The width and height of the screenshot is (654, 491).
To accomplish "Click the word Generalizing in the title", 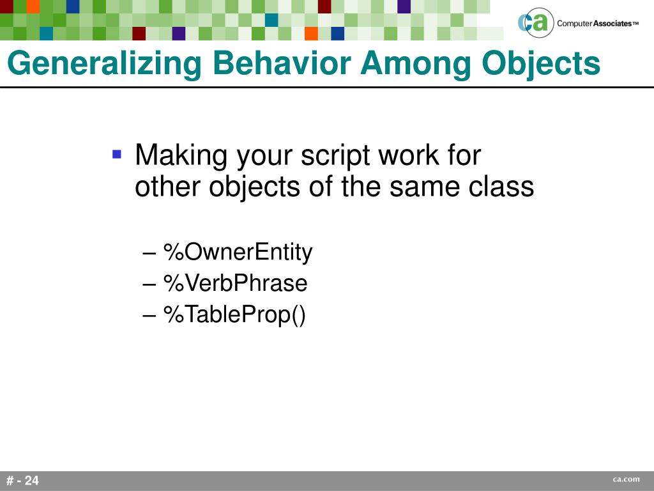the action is coord(104,63).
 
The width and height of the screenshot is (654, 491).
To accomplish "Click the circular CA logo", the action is coord(536,23).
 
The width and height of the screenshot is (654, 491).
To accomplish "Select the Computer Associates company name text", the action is coord(598,24).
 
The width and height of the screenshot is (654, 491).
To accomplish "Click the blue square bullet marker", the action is coord(117,155).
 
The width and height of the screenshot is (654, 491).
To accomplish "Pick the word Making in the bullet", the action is coord(181,156).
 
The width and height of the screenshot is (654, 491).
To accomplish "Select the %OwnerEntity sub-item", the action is coord(238,252).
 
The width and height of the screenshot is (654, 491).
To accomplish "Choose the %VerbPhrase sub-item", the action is coord(236,283).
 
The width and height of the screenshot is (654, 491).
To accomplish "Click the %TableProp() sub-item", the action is coord(235,315).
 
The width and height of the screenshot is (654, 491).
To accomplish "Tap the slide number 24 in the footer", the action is coord(32,481).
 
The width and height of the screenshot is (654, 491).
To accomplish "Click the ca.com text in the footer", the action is coord(626,479).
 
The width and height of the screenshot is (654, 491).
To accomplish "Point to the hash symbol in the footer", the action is coord(10,481).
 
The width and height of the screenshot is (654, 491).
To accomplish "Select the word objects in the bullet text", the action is coord(254,187).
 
